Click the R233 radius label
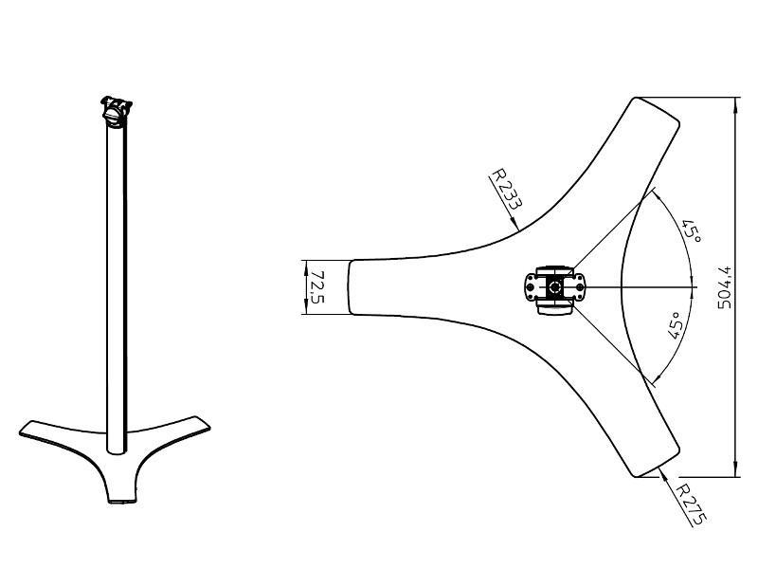point(506,189)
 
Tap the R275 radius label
point(693,504)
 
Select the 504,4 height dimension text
point(724,287)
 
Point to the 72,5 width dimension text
point(316,287)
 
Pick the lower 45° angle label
point(676,325)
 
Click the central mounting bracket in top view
point(555,289)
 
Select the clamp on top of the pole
point(116,111)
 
